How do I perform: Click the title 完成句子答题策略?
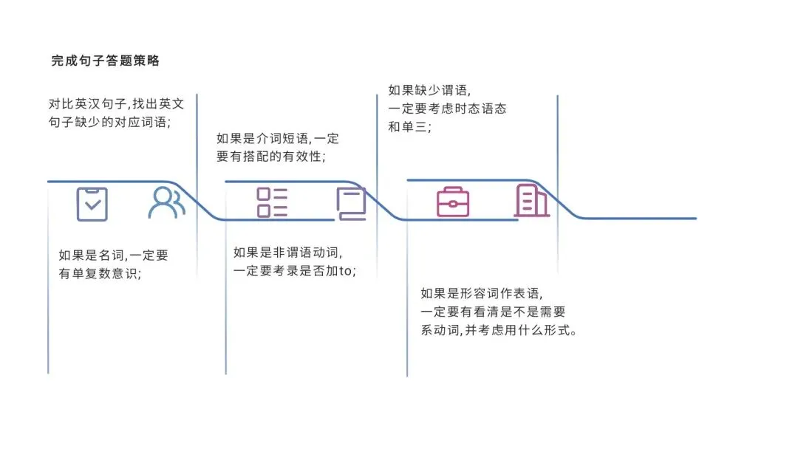pos(106,61)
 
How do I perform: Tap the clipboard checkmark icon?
pos(92,204)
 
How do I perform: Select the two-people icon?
pos(166,202)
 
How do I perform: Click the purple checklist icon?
pos(272,202)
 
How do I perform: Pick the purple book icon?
pos(351,204)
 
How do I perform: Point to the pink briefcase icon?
pos(453,202)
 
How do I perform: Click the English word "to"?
pos(345,271)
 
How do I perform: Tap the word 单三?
pos(415,126)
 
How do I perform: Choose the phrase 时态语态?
pos(481,109)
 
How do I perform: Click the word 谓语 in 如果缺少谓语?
pos(454,90)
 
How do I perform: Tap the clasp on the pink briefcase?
pos(453,204)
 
